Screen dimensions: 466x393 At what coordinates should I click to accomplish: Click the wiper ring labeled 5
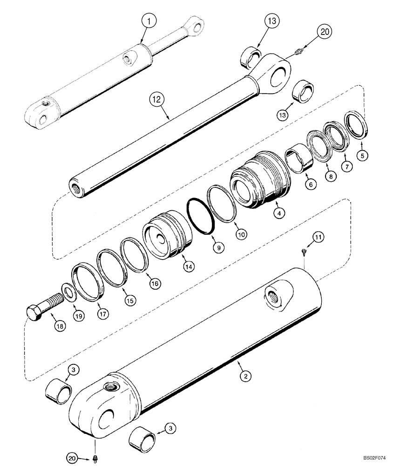coord(357,125)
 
